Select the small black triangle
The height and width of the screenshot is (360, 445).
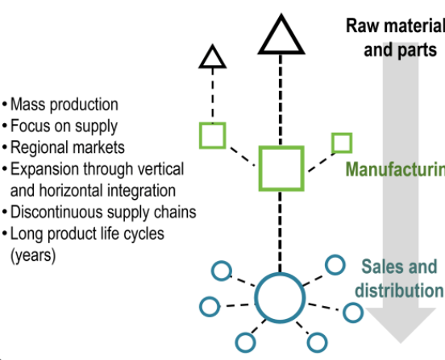click(212, 57)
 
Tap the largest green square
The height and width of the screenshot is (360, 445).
click(281, 168)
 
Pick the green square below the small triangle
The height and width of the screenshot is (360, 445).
click(212, 135)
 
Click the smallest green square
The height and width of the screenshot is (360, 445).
click(342, 143)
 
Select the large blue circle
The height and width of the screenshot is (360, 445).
click(280, 297)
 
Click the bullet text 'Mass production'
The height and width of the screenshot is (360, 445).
click(64, 105)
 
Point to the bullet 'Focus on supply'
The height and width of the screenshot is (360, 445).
click(64, 126)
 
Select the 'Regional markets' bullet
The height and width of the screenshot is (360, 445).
click(68, 147)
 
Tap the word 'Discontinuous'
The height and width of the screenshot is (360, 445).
click(56, 213)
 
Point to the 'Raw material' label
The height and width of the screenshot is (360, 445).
click(395, 26)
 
